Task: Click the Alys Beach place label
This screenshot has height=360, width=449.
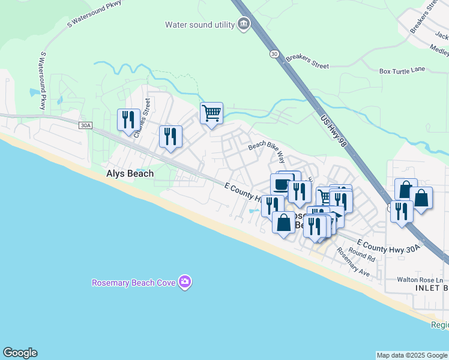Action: [130, 173]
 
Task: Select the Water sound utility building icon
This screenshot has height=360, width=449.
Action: [244, 25]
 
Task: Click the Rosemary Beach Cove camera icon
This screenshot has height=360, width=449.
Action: [185, 282]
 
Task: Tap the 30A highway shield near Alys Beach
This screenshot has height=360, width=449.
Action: [86, 125]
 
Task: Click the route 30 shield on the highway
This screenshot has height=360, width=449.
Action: [274, 54]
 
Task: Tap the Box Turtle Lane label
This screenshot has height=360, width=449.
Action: [402, 70]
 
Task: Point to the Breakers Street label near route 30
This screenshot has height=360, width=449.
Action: [307, 58]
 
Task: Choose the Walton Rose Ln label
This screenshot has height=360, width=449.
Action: [420, 280]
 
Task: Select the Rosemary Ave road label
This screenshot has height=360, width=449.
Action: [354, 262]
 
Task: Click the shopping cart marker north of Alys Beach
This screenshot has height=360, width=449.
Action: [211, 112]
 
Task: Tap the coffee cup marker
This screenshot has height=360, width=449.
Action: [282, 183]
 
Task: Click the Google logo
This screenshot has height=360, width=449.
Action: [20, 353]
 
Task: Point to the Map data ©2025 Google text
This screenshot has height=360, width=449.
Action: [412, 355]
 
